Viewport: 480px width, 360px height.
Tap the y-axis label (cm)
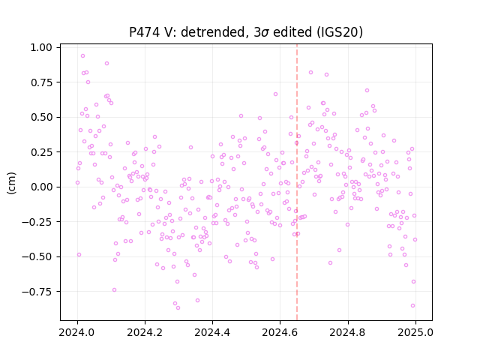click(x=11, y=183)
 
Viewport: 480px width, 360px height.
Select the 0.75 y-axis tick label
click(x=41, y=82)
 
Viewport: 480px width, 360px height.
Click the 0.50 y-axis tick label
click(x=41, y=117)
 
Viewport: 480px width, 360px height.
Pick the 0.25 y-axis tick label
click(x=41, y=152)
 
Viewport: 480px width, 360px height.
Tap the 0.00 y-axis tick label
click(x=41, y=187)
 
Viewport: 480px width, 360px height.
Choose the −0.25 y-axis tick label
click(x=37, y=222)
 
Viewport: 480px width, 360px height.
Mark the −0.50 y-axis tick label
click(x=37, y=256)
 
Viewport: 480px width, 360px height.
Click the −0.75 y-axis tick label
click(x=37, y=292)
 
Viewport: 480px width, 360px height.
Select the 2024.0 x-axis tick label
click(x=77, y=332)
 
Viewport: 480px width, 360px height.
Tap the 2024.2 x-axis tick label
click(x=145, y=332)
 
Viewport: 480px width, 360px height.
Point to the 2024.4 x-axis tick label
click(x=212, y=332)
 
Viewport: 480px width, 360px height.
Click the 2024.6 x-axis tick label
click(x=280, y=332)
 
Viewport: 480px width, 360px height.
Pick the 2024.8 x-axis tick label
click(x=348, y=332)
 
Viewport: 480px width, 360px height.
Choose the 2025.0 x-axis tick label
click(x=415, y=332)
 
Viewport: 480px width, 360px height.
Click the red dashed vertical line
click(x=297, y=182)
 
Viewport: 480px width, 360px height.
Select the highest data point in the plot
click(x=82, y=56)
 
